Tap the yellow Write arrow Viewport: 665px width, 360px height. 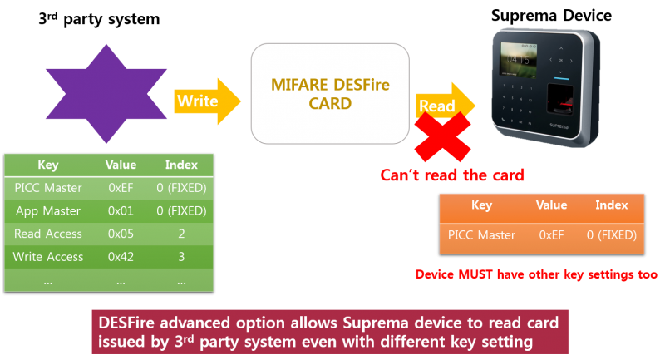204,101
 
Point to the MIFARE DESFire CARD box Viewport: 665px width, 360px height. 330,94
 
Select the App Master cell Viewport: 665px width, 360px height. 48,211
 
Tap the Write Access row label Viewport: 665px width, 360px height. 48,257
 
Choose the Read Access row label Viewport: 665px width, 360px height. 48,234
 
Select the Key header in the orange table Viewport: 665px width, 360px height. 481,205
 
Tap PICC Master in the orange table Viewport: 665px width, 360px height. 481,235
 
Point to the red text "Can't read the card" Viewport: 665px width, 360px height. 452,175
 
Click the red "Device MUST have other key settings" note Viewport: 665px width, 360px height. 537,274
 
